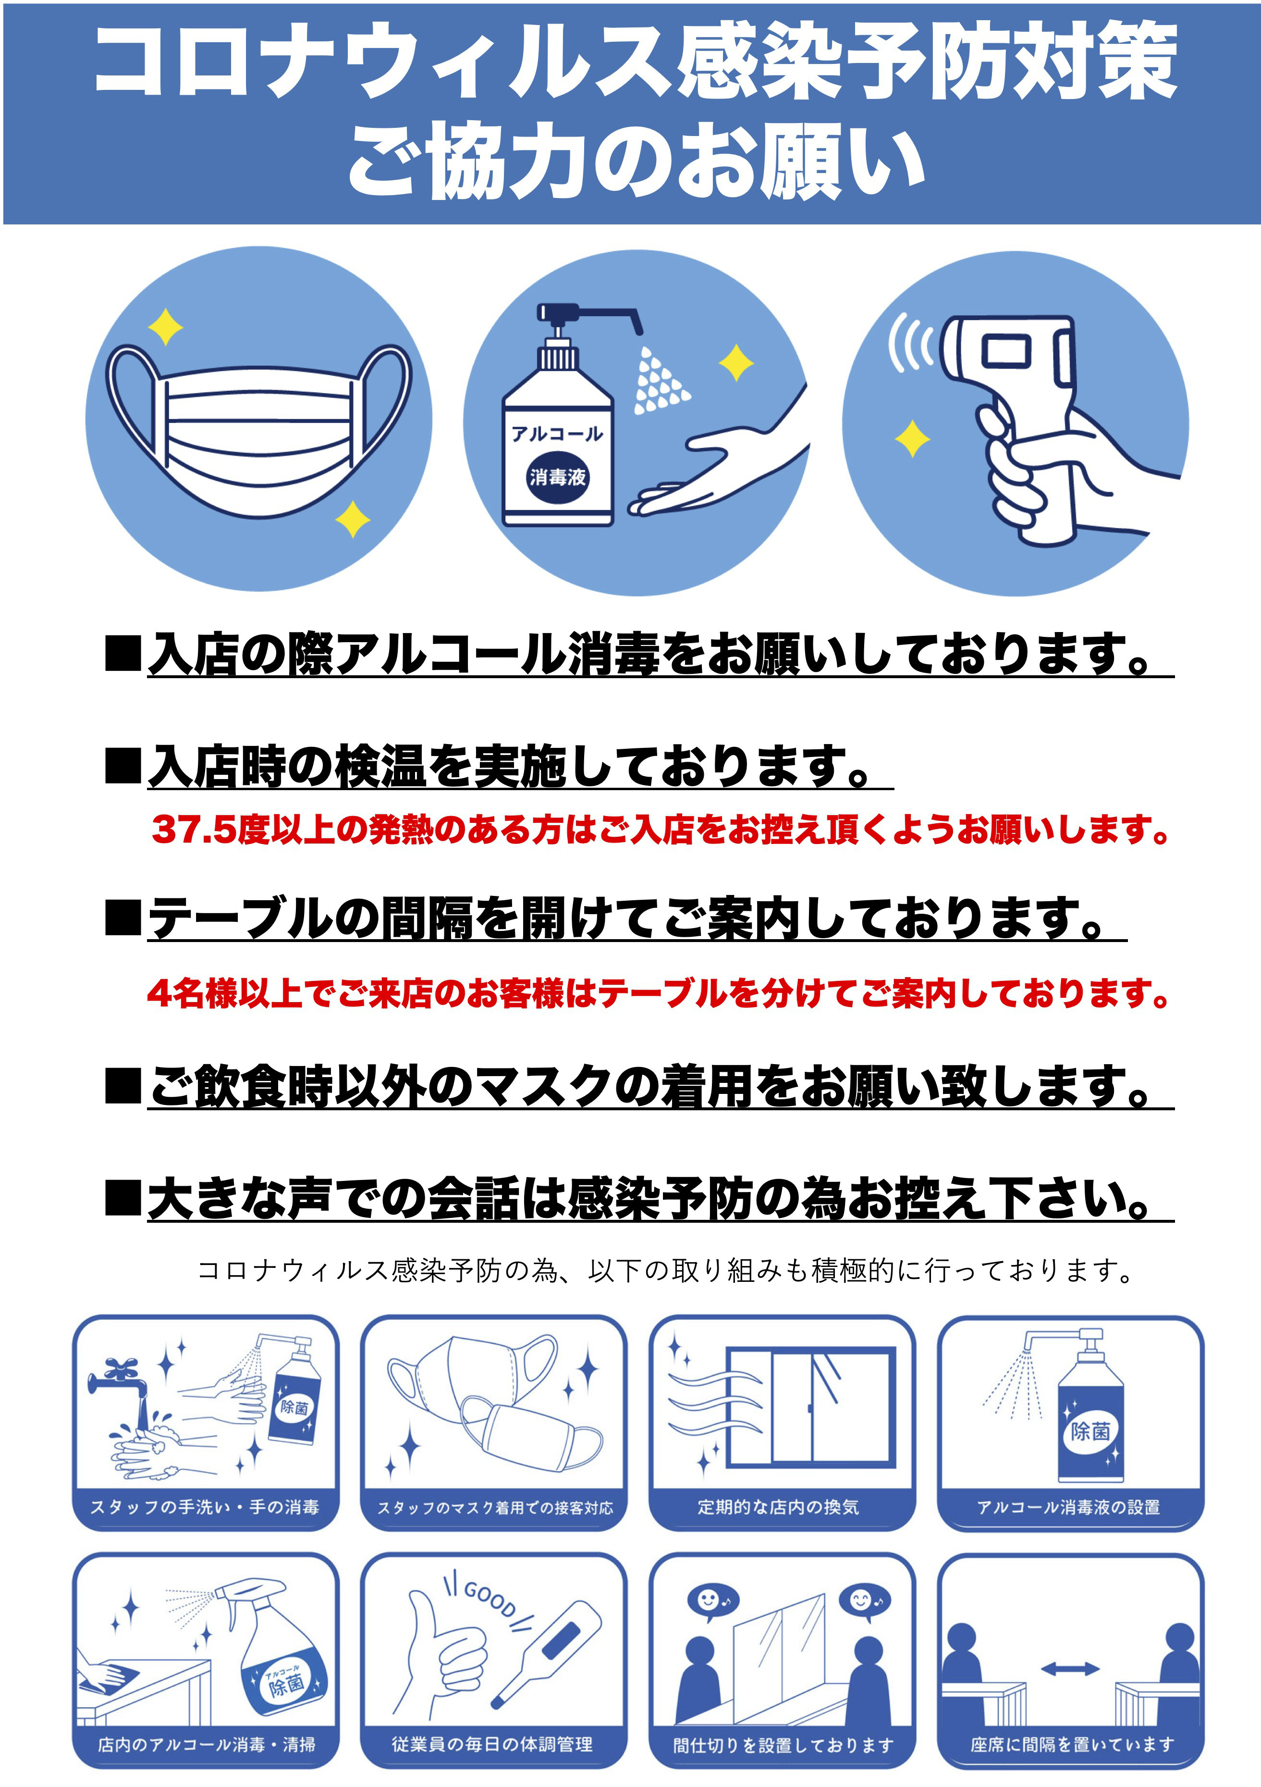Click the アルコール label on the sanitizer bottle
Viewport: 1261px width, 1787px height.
point(557,434)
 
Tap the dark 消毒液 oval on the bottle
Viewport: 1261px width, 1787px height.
point(557,476)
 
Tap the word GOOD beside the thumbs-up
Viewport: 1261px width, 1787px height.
point(490,1599)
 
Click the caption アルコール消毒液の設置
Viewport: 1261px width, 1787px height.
point(1069,1507)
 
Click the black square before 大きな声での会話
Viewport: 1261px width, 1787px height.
point(123,1199)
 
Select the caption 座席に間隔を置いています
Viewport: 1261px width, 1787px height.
point(1072,1745)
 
